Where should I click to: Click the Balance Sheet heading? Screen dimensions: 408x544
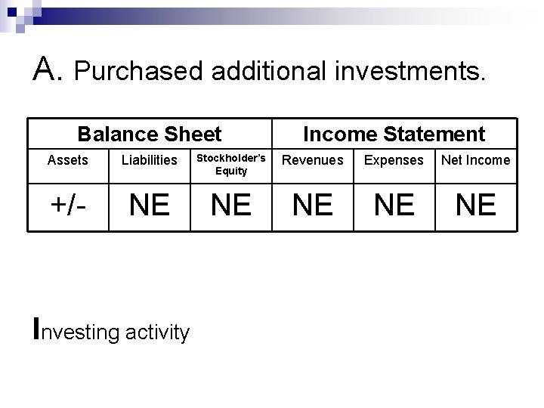click(x=150, y=134)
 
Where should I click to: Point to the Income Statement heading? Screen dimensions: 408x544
click(x=394, y=134)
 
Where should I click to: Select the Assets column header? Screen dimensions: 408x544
click(x=67, y=160)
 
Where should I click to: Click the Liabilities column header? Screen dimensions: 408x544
click(x=150, y=160)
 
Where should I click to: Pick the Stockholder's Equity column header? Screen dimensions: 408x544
click(x=230, y=164)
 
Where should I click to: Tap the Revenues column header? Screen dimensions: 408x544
click(x=312, y=160)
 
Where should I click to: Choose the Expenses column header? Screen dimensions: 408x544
click(x=394, y=160)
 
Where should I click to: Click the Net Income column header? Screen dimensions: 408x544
click(x=475, y=160)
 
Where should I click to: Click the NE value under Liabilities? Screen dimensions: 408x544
click(x=150, y=204)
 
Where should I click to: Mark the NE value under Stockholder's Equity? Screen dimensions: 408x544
click(x=230, y=204)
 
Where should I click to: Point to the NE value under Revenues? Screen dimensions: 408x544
click(x=312, y=204)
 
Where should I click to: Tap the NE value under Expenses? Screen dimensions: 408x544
click(x=394, y=204)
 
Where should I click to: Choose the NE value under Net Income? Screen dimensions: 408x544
click(x=475, y=204)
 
